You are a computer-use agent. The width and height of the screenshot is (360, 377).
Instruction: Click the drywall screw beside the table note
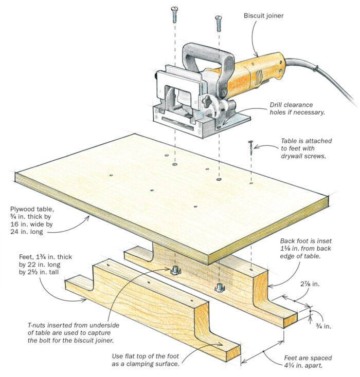251,148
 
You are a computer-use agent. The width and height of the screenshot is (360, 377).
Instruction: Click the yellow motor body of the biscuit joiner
255,74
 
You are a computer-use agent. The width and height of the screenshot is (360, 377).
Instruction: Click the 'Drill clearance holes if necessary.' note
298,109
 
